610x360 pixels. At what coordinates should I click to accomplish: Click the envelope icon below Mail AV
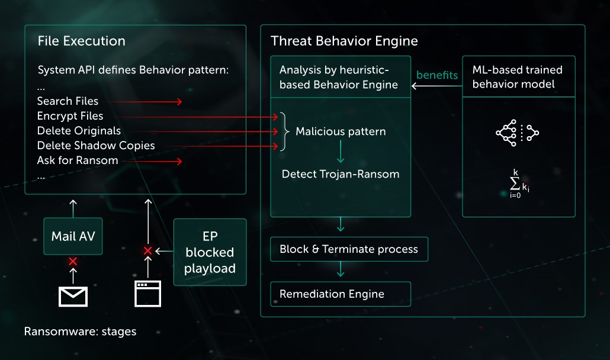(x=73, y=295)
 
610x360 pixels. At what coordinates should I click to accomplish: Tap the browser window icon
(x=148, y=293)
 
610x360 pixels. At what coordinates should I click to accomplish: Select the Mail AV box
(x=73, y=236)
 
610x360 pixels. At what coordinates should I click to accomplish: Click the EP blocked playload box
(x=210, y=252)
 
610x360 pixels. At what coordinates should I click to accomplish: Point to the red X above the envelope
(x=73, y=261)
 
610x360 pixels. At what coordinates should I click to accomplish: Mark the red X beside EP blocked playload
(x=148, y=251)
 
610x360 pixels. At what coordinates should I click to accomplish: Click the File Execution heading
(x=81, y=41)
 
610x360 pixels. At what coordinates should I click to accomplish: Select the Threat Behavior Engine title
(x=344, y=41)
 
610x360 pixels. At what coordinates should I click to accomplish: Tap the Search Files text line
(x=68, y=101)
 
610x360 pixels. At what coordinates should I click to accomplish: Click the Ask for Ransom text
(x=77, y=160)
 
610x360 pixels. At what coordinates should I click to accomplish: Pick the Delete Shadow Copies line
(x=96, y=146)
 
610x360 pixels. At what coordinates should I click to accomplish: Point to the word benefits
(x=437, y=75)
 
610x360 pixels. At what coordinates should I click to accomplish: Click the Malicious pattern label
(x=341, y=131)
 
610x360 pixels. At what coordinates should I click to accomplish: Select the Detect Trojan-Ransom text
(x=341, y=174)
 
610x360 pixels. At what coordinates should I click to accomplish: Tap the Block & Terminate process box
(x=349, y=249)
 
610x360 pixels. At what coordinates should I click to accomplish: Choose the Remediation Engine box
(x=340, y=294)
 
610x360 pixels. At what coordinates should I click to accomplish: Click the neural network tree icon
(x=517, y=133)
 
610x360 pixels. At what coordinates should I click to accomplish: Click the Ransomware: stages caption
(x=80, y=332)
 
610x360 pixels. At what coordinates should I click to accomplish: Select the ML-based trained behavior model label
(x=518, y=77)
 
